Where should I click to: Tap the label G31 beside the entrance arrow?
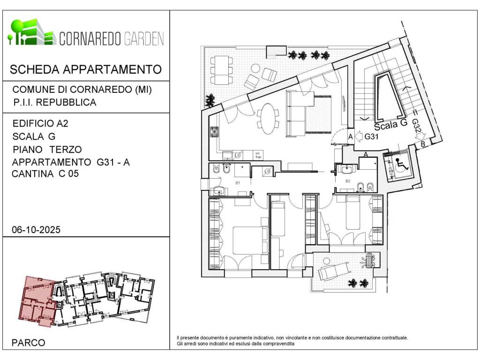click(372, 137)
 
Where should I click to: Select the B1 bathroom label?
click(238, 182)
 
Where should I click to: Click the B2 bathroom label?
click(348, 180)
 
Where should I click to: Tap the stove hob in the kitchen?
click(215, 132)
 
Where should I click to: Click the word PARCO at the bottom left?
click(29, 343)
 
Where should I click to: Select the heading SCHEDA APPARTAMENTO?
click(86, 70)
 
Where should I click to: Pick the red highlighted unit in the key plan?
click(37, 300)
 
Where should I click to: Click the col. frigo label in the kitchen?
click(257, 155)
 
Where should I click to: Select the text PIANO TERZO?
click(47, 150)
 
